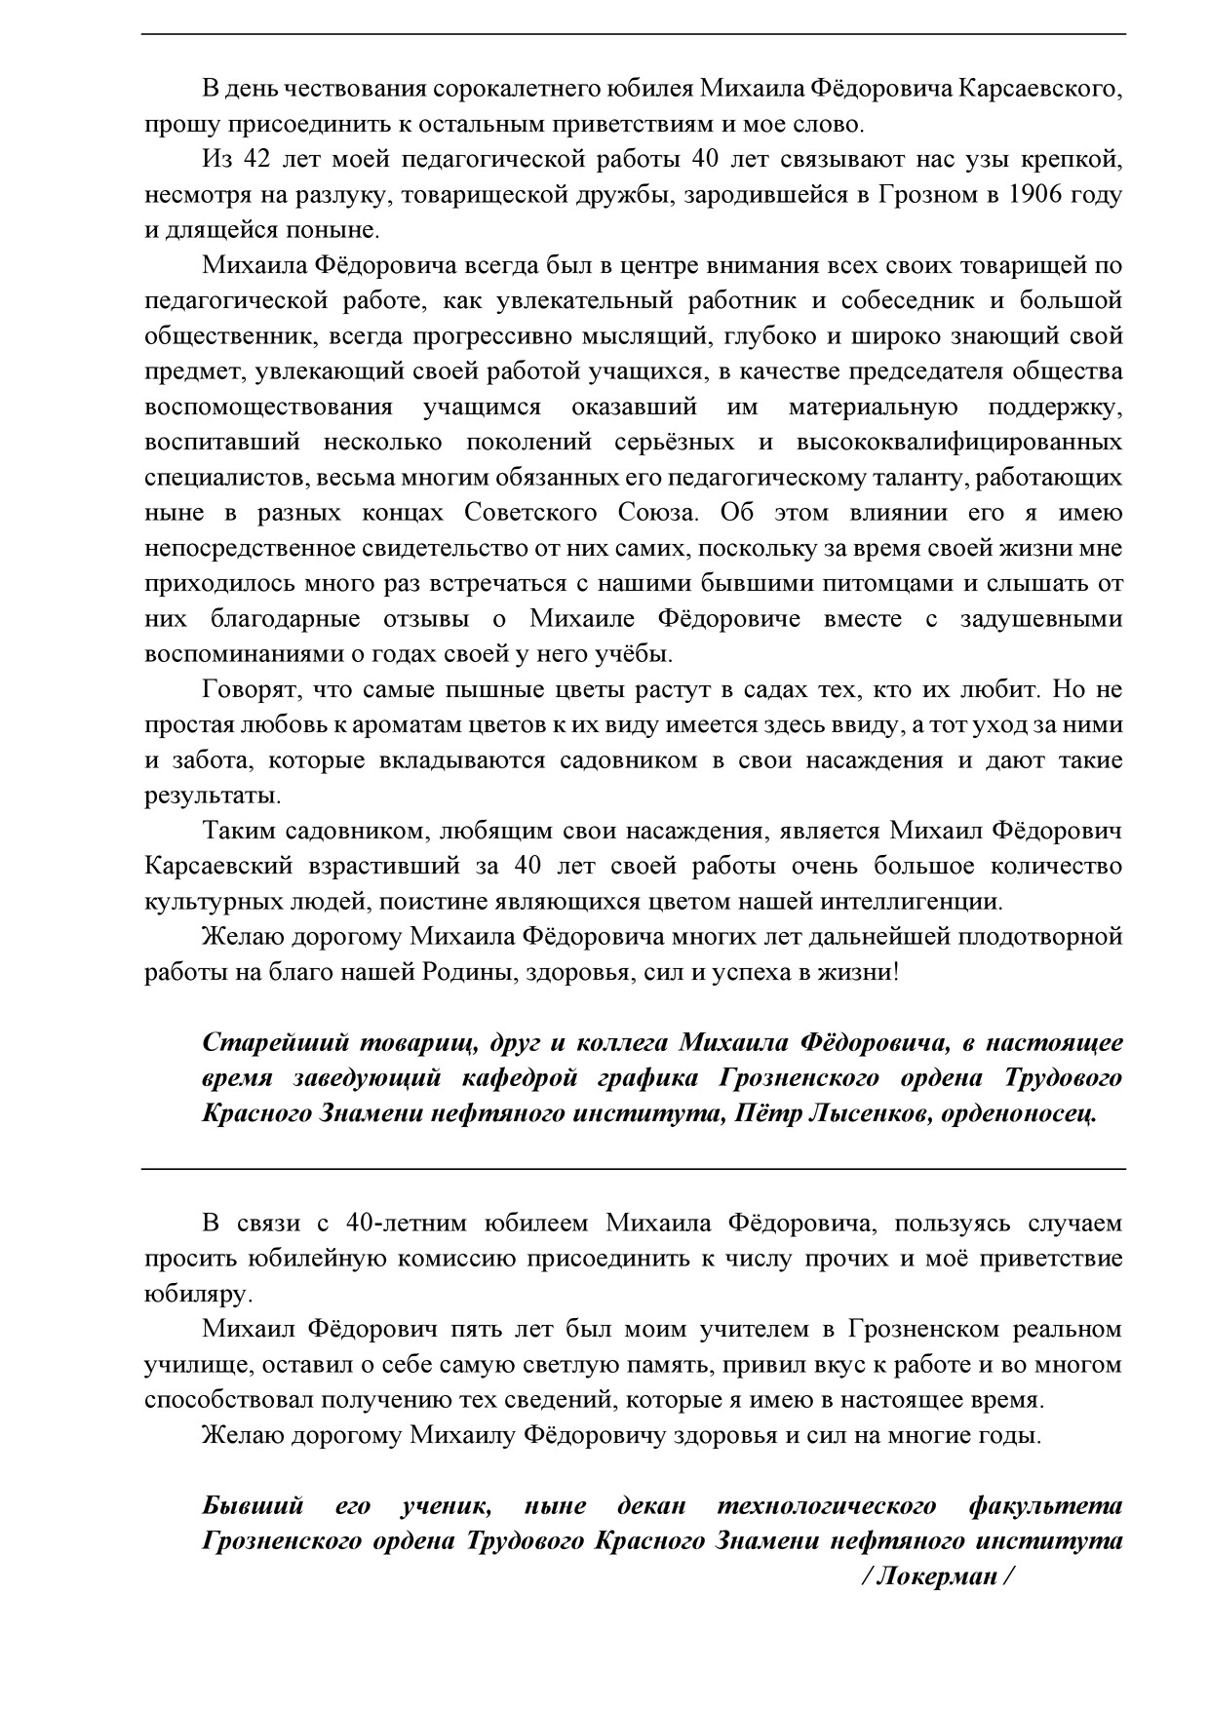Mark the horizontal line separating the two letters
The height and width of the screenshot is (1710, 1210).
click(x=634, y=1168)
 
